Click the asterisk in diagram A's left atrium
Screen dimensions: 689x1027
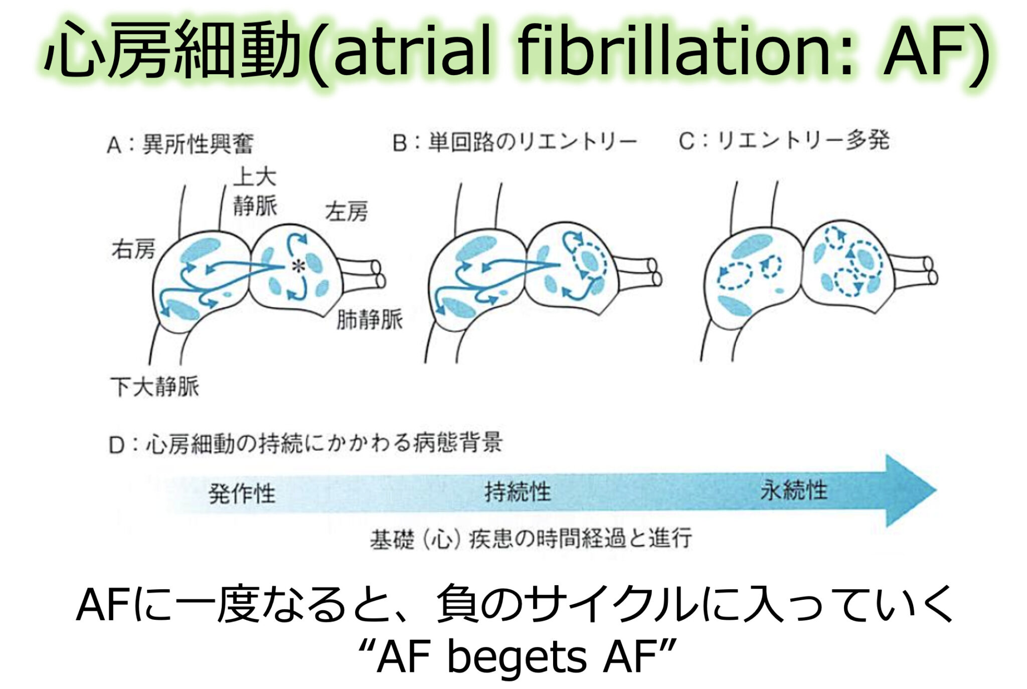pyautogui.click(x=299, y=266)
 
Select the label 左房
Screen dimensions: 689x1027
pyautogui.click(x=346, y=212)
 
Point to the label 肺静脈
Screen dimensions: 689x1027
pyautogui.click(x=369, y=319)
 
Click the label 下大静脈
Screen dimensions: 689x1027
pyautogui.click(x=154, y=387)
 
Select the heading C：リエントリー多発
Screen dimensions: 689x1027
pyautogui.click(x=784, y=141)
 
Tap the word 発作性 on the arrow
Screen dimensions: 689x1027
pyautogui.click(x=242, y=493)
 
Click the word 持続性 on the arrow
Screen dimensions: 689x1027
pyautogui.click(x=517, y=492)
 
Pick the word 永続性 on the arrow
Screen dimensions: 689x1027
pyautogui.click(x=793, y=490)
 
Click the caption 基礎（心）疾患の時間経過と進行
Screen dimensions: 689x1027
pyautogui.click(x=531, y=539)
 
